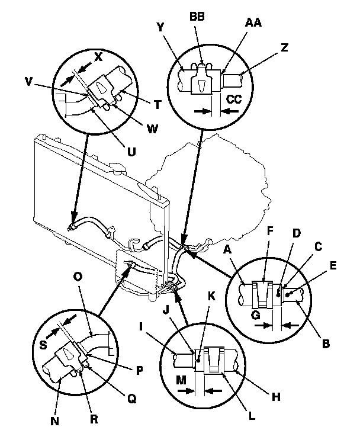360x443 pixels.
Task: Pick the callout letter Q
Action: coord(133,399)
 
